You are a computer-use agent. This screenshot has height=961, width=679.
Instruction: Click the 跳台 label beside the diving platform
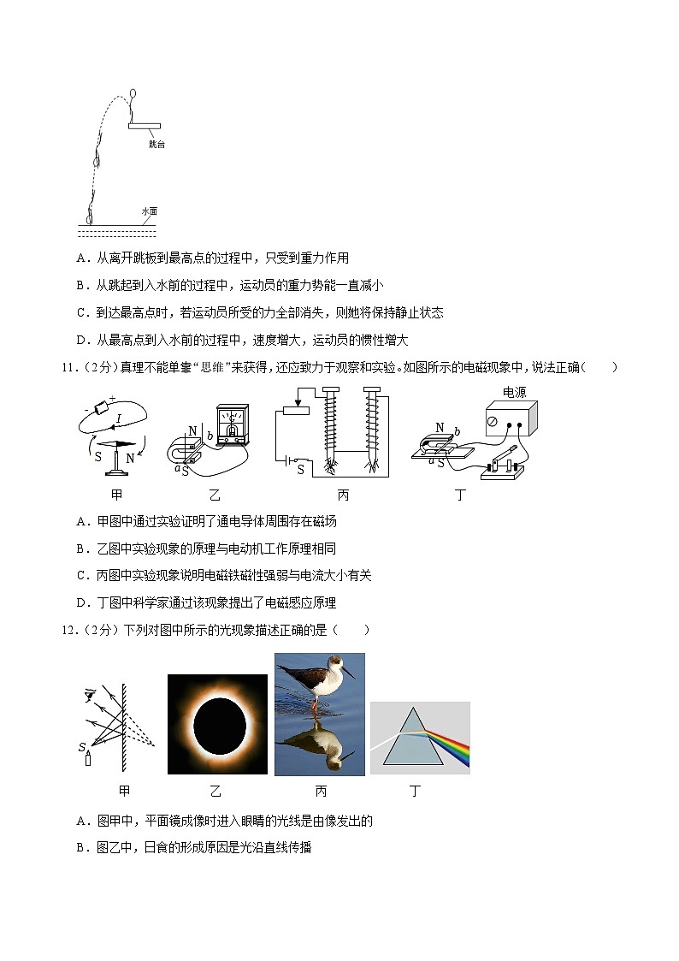click(156, 144)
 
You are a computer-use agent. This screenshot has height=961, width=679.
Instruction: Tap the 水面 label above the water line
click(150, 211)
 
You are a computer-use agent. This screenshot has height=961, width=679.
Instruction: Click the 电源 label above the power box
click(514, 392)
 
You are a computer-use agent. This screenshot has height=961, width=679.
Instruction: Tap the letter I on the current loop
click(119, 418)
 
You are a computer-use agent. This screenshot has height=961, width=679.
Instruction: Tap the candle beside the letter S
click(88, 760)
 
